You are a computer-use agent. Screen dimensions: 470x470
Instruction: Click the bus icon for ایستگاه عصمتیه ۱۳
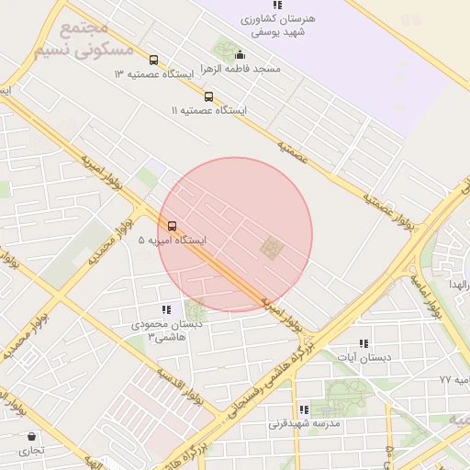[153, 61]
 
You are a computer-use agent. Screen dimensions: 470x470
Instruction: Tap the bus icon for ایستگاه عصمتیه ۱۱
[208, 96]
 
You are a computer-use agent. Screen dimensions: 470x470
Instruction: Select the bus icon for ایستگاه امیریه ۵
[172, 226]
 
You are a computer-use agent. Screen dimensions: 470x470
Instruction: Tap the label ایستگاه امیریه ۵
[173, 240]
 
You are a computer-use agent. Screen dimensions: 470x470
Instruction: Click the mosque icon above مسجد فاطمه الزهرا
[241, 54]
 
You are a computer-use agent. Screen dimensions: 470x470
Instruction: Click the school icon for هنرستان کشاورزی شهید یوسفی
[277, 6]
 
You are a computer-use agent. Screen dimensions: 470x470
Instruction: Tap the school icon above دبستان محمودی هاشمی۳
[166, 310]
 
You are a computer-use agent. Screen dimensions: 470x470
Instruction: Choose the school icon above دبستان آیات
[364, 343]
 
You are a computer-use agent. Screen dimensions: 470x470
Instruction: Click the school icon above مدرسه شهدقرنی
[304, 409]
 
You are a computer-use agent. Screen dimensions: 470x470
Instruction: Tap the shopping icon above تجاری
[32, 437]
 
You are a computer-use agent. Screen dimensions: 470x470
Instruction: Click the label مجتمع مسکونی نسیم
[84, 40]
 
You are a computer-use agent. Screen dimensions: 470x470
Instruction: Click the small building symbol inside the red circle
[272, 246]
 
